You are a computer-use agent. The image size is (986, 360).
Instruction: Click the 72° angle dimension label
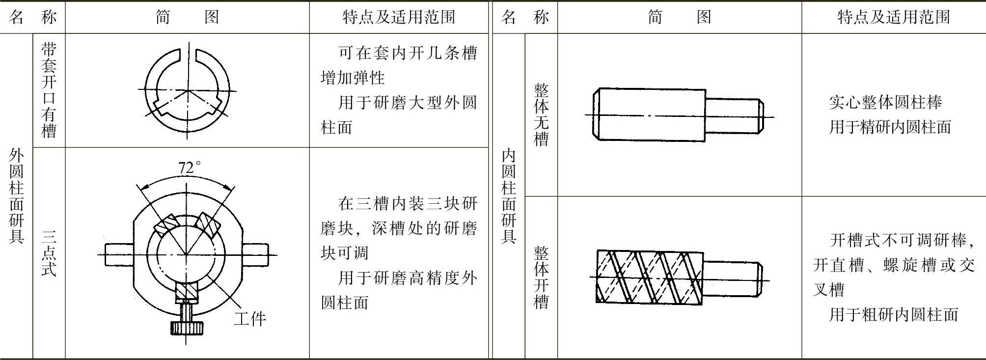tap(190, 168)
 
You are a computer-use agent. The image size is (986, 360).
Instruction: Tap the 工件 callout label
tap(249, 319)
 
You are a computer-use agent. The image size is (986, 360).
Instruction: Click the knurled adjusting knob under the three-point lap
tap(187, 328)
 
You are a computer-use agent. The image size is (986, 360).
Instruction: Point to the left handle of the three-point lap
tap(118, 254)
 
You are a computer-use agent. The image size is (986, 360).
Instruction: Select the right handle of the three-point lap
tap(255, 254)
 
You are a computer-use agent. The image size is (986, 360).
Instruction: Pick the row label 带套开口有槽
tap(49, 90)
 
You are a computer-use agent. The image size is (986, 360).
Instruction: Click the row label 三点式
tap(49, 253)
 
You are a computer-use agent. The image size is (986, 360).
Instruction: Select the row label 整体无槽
tap(541, 115)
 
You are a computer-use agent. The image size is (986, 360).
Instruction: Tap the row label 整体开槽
tap(541, 277)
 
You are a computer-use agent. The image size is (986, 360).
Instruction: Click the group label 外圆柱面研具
tap(16, 196)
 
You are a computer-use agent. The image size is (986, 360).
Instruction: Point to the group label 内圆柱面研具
tap(509, 196)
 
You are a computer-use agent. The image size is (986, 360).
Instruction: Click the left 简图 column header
tap(187, 17)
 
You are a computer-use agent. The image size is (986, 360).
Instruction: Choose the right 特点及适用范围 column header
tap(893, 17)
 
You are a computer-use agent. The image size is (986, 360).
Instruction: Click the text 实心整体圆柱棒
tap(885, 102)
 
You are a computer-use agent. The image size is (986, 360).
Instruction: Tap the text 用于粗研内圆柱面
tap(894, 314)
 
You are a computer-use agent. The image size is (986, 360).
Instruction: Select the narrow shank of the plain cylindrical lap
tap(734, 116)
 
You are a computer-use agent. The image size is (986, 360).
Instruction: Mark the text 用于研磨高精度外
tap(408, 278)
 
